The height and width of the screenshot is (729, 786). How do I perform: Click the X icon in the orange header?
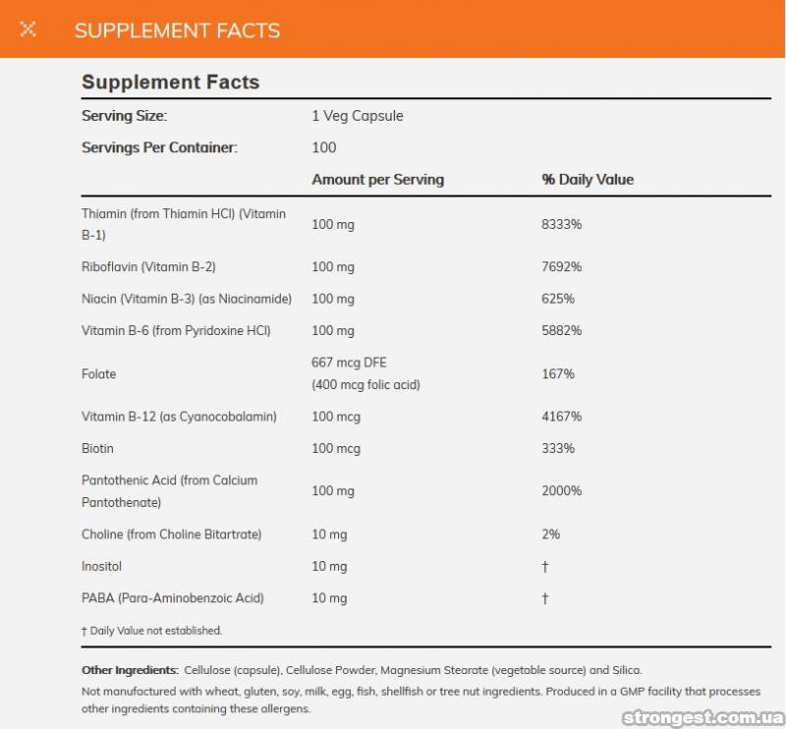click(x=28, y=28)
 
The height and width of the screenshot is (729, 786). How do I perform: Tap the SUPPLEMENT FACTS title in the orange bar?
click(x=177, y=29)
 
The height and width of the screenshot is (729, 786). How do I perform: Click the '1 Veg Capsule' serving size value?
click(x=358, y=116)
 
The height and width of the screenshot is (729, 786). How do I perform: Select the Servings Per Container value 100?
click(x=323, y=147)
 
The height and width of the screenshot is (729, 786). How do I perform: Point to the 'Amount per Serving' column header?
click(x=377, y=180)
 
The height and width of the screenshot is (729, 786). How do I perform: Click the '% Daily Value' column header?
click(x=588, y=180)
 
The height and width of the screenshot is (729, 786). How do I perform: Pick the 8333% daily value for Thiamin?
click(x=562, y=224)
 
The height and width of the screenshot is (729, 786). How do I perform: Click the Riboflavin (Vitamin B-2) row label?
click(x=148, y=267)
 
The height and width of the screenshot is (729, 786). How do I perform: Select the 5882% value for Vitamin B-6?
click(x=562, y=330)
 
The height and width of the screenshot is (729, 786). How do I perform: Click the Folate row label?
click(x=98, y=374)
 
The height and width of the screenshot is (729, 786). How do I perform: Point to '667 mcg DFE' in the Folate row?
click(x=349, y=363)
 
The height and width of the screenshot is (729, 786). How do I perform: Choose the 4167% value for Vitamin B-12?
click(x=562, y=417)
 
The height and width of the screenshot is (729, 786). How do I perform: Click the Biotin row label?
click(x=97, y=448)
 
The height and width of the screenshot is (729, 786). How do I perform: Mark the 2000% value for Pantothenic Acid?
click(x=562, y=491)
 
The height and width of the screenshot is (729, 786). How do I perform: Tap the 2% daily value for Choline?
click(x=551, y=534)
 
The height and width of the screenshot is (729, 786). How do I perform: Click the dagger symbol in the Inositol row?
click(x=545, y=567)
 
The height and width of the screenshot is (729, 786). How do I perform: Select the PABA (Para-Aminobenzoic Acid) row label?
click(x=172, y=598)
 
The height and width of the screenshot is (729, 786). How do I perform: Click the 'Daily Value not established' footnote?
click(x=151, y=631)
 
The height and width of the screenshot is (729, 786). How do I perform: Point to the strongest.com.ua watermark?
click(x=702, y=718)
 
